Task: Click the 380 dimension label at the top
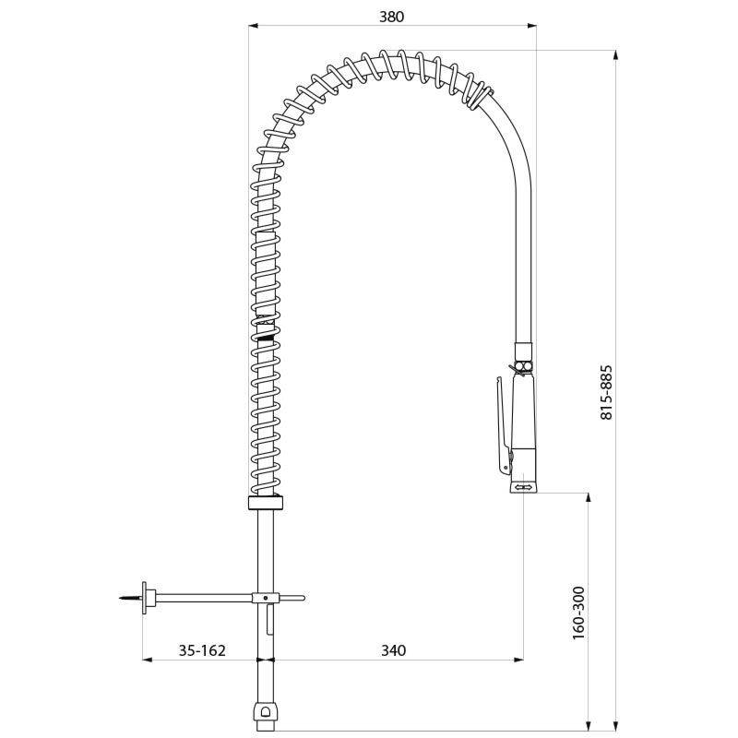tap(392, 16)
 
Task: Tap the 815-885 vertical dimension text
tap(606, 392)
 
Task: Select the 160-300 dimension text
tap(577, 612)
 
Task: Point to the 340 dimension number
tap(393, 650)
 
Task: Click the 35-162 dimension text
tap(201, 650)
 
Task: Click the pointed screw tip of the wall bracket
tap(125, 600)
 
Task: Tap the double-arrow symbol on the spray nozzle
tap(523, 485)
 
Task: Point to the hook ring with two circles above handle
tap(522, 367)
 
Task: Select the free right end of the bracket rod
tap(301, 599)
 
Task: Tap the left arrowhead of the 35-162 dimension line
tap(146, 660)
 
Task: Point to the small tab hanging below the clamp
tap(269, 623)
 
